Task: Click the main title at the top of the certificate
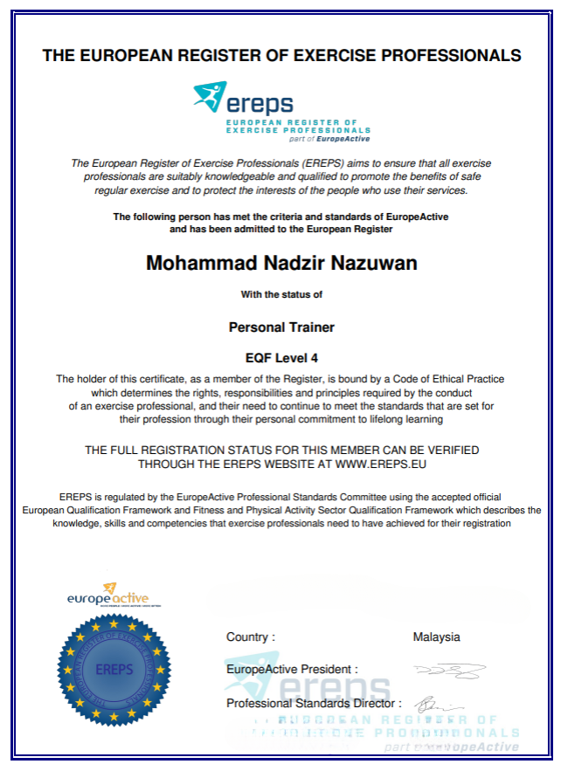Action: (281, 56)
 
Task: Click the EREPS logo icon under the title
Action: (211, 97)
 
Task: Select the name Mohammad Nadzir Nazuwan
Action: (281, 262)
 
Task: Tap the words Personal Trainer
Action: (281, 327)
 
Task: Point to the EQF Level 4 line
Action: (281, 356)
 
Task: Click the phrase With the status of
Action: (281, 295)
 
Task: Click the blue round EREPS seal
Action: (114, 670)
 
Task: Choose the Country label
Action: (250, 637)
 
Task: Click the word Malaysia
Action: (436, 637)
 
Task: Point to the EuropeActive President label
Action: (291, 670)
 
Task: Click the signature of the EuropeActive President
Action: (451, 671)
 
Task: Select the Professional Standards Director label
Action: (314, 703)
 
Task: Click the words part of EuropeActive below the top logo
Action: (335, 139)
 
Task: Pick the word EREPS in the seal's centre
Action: (114, 671)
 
